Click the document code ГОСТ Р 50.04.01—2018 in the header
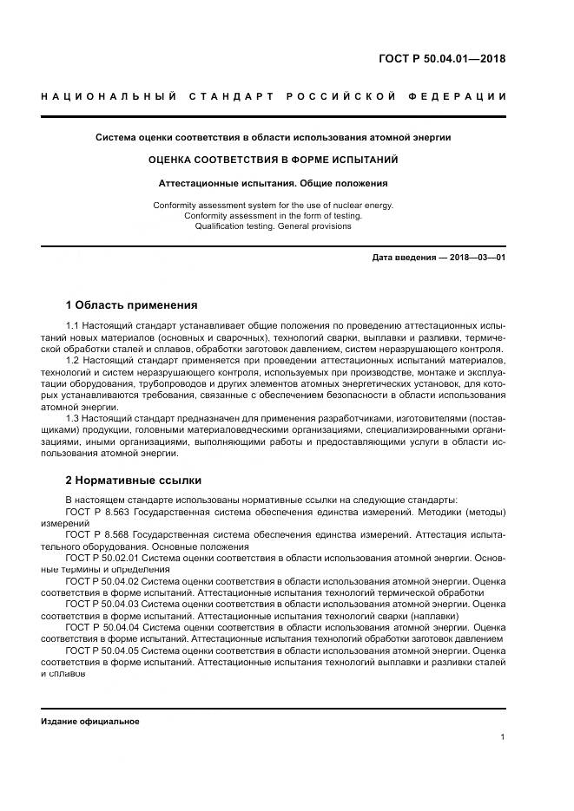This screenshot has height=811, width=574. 442,60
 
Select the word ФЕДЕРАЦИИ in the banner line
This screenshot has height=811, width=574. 460,95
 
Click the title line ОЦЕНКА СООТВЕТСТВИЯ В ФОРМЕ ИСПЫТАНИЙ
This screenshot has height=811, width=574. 273,160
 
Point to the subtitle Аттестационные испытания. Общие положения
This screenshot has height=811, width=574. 273,183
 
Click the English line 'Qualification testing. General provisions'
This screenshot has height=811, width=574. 273,226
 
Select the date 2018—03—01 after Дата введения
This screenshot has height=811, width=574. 476,258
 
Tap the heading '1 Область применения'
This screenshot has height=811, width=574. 131,305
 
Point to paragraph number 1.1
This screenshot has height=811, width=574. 73,325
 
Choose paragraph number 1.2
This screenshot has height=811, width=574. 73,359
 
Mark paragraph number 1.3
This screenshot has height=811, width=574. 73,418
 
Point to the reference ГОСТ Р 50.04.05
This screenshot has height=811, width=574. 102,650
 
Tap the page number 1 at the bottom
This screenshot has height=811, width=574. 503,737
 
